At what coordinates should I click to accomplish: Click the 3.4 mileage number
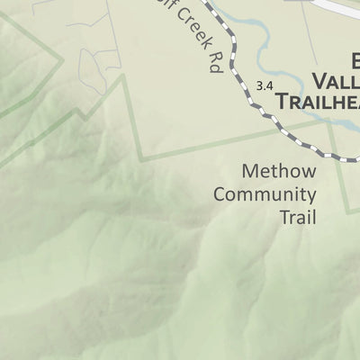264,86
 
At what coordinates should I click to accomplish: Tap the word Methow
279,171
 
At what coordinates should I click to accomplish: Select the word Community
265,194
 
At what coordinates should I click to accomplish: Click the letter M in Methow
251,171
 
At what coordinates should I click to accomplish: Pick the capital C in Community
220,194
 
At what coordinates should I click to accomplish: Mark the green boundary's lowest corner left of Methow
142,160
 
